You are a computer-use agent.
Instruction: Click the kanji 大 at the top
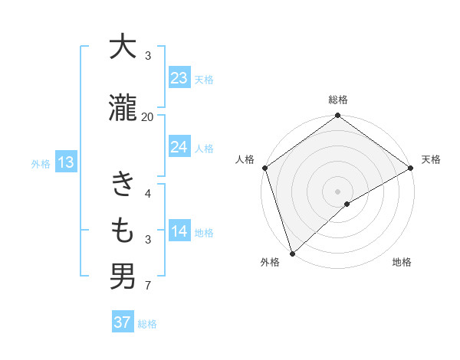point(123,47)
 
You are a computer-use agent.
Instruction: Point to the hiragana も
point(123,230)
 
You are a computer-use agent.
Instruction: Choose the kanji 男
point(123,276)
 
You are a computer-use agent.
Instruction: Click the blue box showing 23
point(179,78)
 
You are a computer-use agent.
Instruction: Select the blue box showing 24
point(179,147)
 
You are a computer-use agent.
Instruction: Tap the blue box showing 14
point(179,232)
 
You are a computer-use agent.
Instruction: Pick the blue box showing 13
point(65,162)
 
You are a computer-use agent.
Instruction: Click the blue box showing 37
point(123,322)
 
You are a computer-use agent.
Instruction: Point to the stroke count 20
point(147,117)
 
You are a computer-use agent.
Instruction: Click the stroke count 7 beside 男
point(147,287)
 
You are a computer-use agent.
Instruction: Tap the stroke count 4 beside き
point(147,194)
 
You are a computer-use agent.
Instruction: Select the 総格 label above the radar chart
point(338,100)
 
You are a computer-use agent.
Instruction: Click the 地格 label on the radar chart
point(402,263)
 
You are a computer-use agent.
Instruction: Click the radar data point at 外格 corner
point(292,253)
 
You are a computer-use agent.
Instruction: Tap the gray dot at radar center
point(337,191)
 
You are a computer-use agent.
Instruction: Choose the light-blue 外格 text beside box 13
point(40,163)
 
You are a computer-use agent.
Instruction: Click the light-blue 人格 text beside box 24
point(203,148)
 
